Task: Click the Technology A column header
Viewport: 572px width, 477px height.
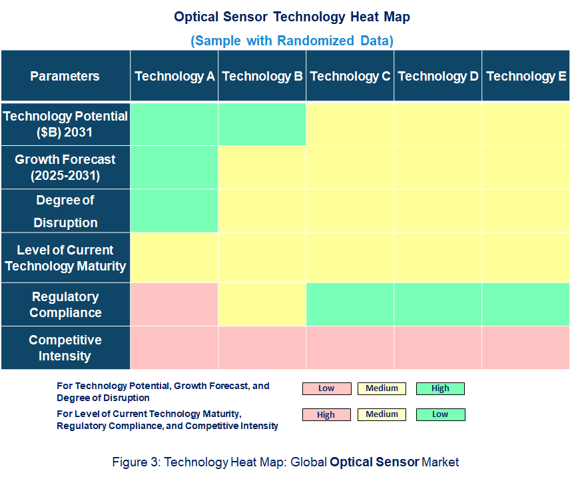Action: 174,76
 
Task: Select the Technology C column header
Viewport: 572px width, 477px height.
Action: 350,76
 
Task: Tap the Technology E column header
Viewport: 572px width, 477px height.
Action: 526,76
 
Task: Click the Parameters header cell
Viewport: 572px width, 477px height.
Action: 65,76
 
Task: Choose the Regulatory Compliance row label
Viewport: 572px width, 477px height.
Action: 65,304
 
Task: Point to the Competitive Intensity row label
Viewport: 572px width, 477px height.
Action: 65,348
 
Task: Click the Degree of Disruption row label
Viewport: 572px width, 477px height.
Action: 65,211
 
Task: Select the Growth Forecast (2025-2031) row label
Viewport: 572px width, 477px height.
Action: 65,168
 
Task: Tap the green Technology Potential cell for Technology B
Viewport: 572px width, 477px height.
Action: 262,124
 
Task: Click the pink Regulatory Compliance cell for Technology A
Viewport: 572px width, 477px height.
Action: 174,304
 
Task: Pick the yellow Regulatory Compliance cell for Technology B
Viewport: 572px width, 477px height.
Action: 262,304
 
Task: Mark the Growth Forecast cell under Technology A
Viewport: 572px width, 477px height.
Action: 174,168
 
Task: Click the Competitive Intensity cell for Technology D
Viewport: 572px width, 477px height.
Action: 438,348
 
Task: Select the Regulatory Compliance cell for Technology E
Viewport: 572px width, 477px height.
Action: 526,304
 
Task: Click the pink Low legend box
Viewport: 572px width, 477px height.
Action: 326,388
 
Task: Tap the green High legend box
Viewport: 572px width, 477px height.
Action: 440,388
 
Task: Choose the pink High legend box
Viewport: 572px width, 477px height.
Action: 326,414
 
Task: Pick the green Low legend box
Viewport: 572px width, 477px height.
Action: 440,414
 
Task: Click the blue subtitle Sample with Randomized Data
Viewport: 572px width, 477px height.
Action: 292,41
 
